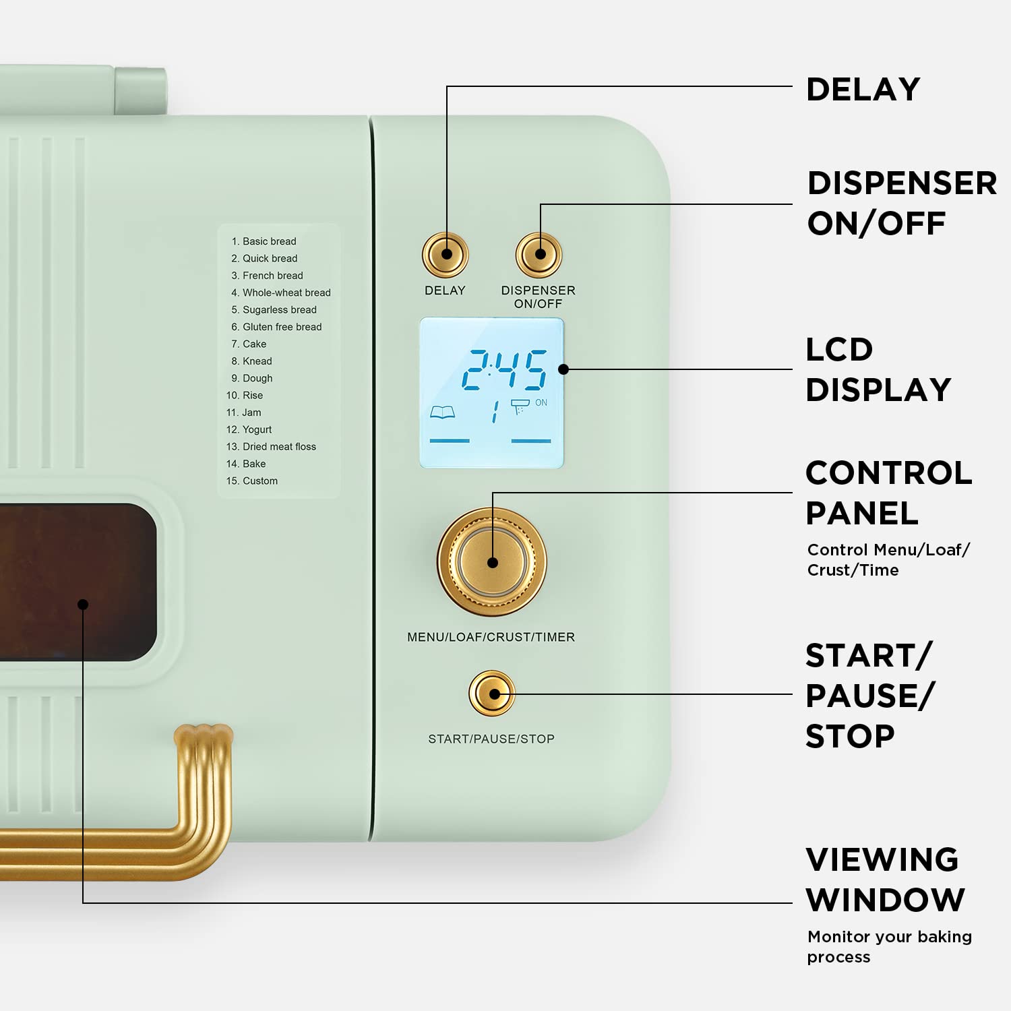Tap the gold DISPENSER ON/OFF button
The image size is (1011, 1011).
pos(539,255)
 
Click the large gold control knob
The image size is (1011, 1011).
pos(492,562)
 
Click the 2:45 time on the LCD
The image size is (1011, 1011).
pos(504,369)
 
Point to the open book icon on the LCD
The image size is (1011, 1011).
pos(442,412)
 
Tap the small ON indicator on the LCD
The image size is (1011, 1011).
pos(541,403)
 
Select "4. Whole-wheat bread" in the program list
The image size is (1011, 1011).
pos(281,293)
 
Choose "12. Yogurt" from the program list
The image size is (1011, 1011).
pos(249,429)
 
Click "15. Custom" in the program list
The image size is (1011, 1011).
pos(252,481)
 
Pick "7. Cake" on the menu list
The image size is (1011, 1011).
pos(249,344)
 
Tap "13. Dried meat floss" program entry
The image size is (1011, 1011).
pos(271,446)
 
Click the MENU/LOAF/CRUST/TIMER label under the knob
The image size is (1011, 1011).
pos(491,637)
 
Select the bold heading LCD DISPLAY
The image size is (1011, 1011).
pos(878,369)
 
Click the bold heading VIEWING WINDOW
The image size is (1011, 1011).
pos(885,880)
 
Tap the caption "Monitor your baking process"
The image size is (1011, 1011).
pos(889,946)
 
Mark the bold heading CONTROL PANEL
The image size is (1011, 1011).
pos(888,493)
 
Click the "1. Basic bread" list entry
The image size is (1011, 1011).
pos(264,241)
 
